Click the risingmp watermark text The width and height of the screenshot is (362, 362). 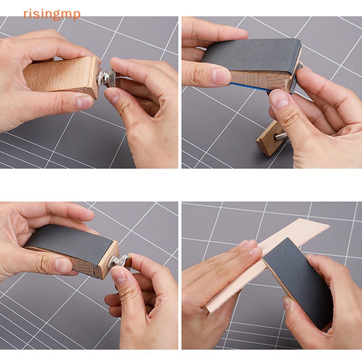tap(52, 14)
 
